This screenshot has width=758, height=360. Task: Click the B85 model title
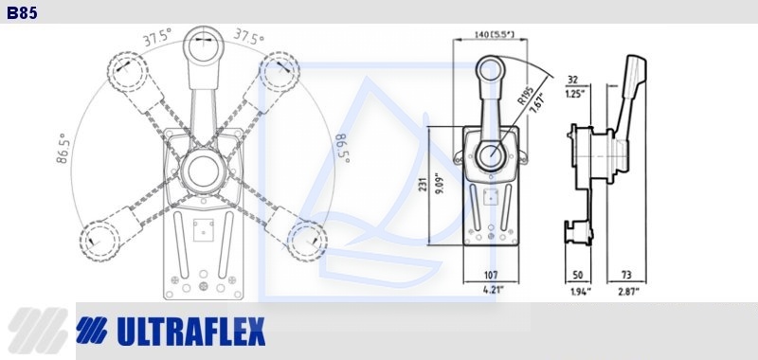click(x=22, y=12)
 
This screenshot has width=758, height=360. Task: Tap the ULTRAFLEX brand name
click(x=191, y=332)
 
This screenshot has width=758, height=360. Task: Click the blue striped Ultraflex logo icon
click(x=91, y=331)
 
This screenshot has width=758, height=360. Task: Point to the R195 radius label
click(x=525, y=96)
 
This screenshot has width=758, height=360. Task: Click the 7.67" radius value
click(x=536, y=102)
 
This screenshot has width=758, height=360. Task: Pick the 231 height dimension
click(x=423, y=184)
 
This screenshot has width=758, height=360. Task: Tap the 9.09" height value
click(x=438, y=184)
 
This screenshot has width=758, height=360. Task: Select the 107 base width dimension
click(x=490, y=276)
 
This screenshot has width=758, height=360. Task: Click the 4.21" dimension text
click(x=494, y=290)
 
